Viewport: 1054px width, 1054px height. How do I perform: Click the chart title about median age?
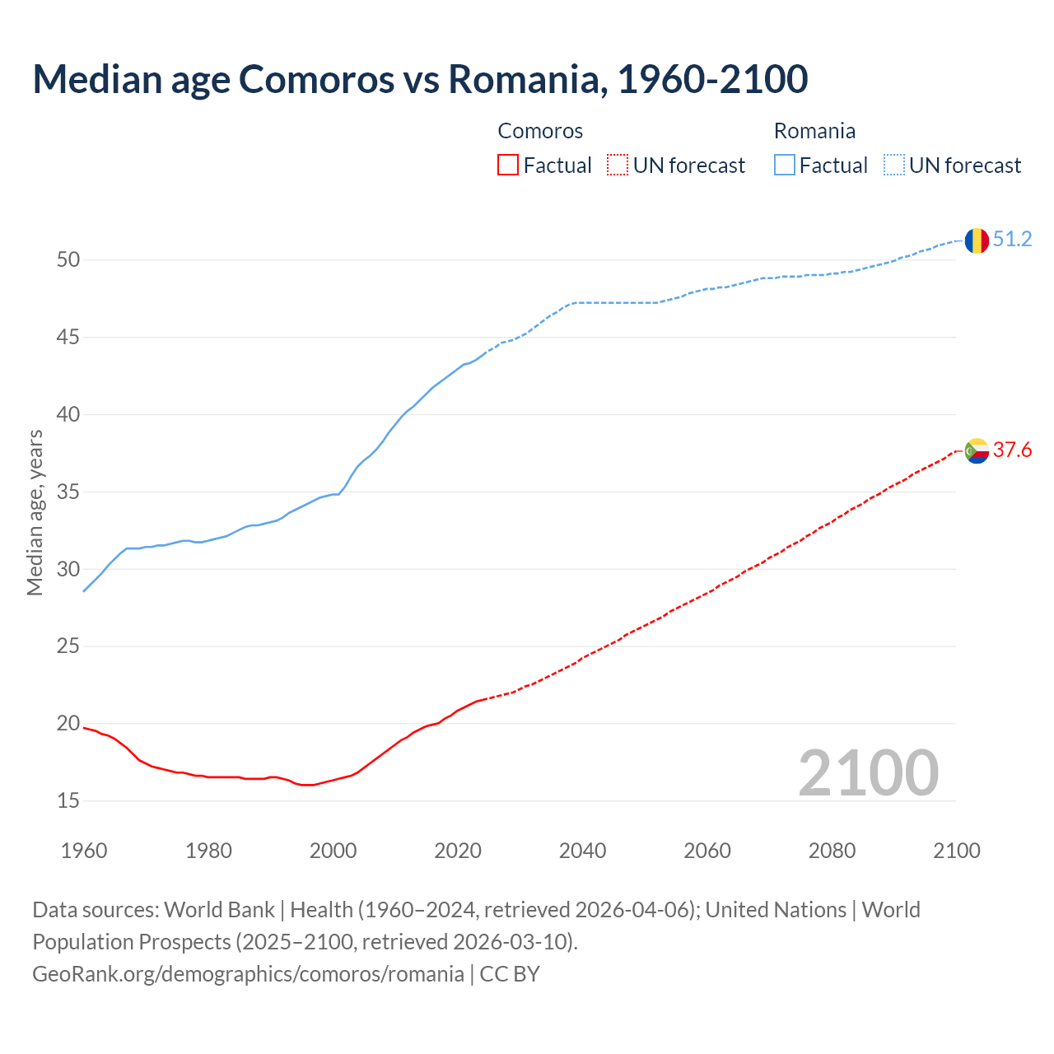[x=420, y=79]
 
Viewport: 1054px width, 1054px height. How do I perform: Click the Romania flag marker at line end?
[x=976, y=240]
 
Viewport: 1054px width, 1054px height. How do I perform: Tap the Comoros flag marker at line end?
[x=976, y=450]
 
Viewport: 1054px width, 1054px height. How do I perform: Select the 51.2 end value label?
[x=1012, y=240]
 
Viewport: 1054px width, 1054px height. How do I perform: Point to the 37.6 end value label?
[x=1012, y=450]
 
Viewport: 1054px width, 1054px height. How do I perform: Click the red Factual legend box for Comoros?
[x=508, y=166]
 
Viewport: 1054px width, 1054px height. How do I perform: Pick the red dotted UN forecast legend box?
[x=618, y=166]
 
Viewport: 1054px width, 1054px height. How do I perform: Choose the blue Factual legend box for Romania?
[x=784, y=166]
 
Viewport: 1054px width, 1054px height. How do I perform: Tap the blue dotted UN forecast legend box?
[x=893, y=166]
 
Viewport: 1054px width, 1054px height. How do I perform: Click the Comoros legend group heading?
[x=540, y=131]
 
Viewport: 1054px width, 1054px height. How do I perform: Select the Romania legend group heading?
[x=814, y=131]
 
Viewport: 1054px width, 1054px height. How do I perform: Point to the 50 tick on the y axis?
[x=68, y=260]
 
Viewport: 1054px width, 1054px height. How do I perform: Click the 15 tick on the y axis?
[x=68, y=800]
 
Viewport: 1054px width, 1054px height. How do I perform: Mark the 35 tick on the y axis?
[x=68, y=492]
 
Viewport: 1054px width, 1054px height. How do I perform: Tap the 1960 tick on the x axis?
[x=84, y=851]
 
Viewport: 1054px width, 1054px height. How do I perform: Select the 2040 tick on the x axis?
[x=582, y=851]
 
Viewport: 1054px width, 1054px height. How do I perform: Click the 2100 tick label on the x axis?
[x=956, y=851]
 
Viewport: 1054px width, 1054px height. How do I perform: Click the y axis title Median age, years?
[x=35, y=512]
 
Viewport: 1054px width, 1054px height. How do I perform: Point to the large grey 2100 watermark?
[x=868, y=773]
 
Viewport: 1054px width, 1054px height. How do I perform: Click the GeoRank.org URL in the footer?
[x=248, y=974]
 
